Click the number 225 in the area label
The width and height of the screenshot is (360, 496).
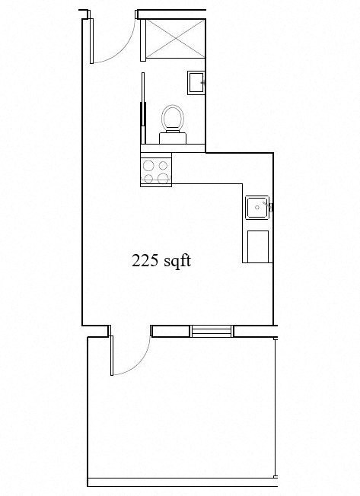click(144, 261)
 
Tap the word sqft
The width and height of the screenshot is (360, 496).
click(174, 262)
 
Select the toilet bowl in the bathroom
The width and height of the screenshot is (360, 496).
click(172, 118)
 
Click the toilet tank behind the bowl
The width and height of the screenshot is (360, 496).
click(172, 137)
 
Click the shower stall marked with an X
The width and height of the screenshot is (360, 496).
click(175, 37)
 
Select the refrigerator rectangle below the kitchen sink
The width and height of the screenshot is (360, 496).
click(257, 245)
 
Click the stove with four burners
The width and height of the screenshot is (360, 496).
click(156, 170)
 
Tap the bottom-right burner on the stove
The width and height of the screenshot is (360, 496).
click(164, 178)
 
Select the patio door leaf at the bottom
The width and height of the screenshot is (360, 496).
click(111, 355)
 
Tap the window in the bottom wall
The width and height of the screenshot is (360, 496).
click(212, 330)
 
